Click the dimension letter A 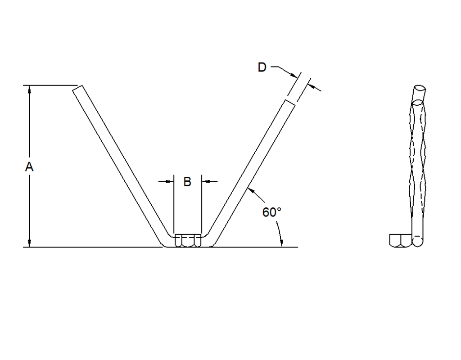click(29, 167)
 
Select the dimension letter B click(187, 182)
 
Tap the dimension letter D click(262, 67)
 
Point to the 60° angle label click(272, 212)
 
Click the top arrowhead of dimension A click(30, 89)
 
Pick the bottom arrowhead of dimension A click(30, 243)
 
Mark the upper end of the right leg click(291, 103)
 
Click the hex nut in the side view click(400, 240)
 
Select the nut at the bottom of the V click(187, 240)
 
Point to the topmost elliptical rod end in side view click(420, 89)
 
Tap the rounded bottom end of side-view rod click(418, 242)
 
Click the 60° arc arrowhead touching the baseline click(282, 243)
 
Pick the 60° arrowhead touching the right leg click(250, 189)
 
